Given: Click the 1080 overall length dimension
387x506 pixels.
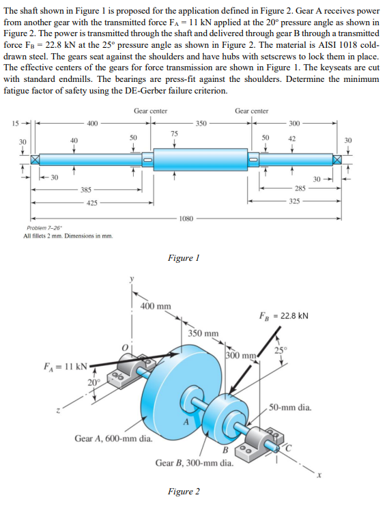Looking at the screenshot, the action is [x=186, y=219].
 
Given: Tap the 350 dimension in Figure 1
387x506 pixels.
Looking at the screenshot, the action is [x=201, y=124].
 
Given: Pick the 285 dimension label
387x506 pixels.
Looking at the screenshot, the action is [x=300, y=188].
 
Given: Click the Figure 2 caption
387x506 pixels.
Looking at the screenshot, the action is [x=184, y=492].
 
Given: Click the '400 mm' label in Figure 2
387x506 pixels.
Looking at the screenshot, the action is [x=156, y=305].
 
